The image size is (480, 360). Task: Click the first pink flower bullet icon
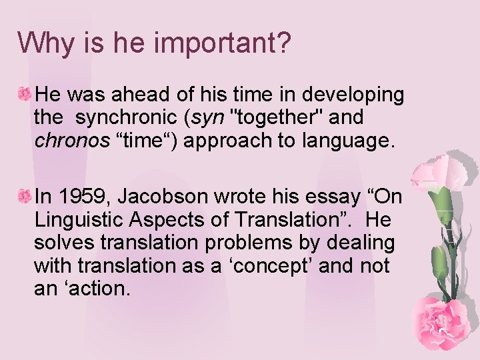click(25, 95)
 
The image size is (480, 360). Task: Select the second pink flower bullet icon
click(25, 196)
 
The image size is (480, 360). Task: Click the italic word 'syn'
click(207, 117)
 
